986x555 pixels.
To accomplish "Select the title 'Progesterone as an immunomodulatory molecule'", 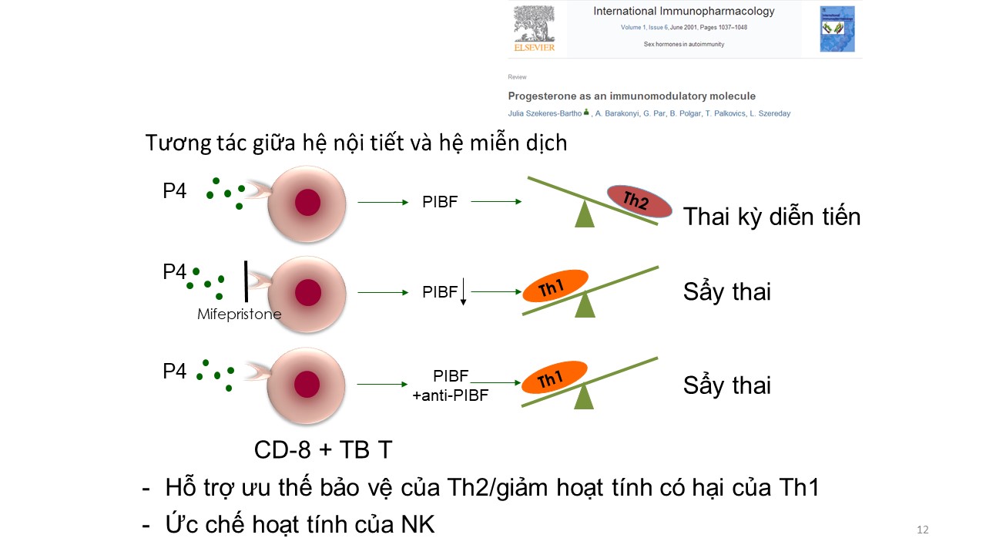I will tap(632, 96).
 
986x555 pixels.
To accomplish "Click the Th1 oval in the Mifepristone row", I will tap(555, 286).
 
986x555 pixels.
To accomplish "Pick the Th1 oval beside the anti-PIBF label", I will tap(555, 378).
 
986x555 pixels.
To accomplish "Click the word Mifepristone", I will tap(239, 314).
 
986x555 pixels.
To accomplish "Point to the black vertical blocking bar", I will tap(246, 281).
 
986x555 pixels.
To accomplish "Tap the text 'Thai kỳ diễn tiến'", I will tap(771, 217).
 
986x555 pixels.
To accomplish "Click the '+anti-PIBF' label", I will tap(451, 395).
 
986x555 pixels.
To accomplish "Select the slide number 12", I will tap(923, 530).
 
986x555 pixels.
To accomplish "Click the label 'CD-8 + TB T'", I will tap(328, 449).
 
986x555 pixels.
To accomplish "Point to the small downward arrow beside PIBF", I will tap(463, 294).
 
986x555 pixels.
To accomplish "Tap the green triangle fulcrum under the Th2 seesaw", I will tap(585, 214).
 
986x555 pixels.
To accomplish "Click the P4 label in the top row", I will tap(175, 191).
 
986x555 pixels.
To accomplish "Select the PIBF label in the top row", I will tap(440, 202).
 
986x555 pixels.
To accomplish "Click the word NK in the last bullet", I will tap(418, 525).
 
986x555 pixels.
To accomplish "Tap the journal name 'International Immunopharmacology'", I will tap(683, 12).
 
